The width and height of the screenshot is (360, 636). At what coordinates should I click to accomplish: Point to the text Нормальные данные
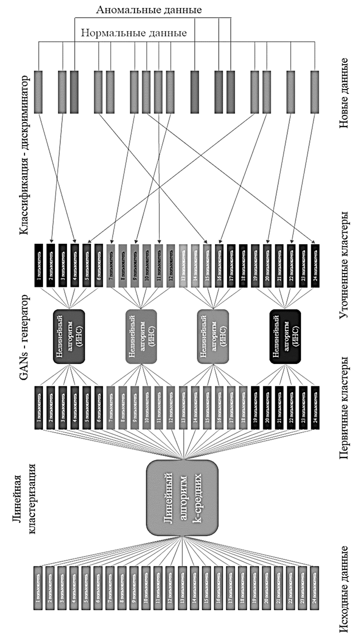[x=134, y=33]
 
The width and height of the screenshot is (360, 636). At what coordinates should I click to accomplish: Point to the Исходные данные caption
[x=343, y=589]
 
